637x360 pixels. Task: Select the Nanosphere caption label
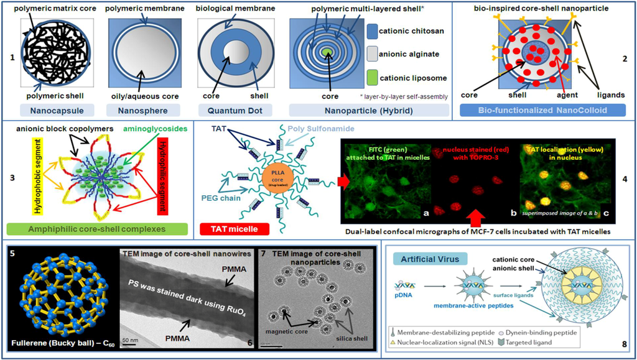(x=145, y=110)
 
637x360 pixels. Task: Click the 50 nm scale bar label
(x=129, y=341)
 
